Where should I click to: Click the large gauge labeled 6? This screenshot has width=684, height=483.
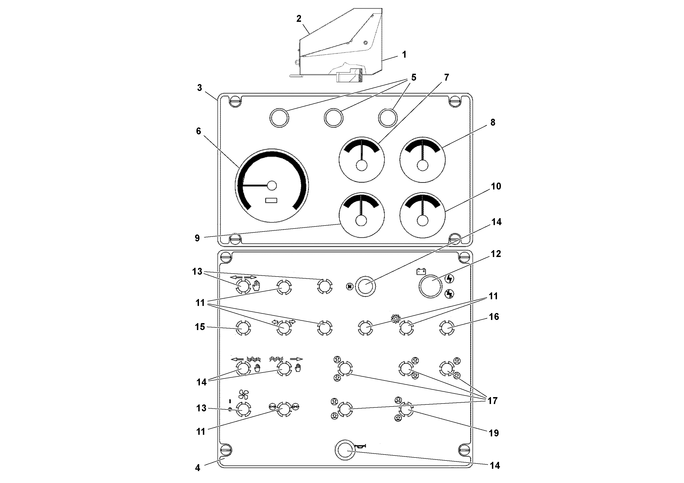pyautogui.click(x=272, y=186)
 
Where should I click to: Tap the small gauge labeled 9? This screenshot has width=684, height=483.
pyautogui.click(x=361, y=215)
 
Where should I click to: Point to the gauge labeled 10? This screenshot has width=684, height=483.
pyautogui.click(x=423, y=215)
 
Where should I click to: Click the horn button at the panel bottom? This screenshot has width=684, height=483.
pyautogui.click(x=346, y=450)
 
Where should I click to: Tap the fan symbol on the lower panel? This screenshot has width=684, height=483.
pyautogui.click(x=243, y=395)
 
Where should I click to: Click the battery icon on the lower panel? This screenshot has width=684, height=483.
pyautogui.click(x=421, y=271)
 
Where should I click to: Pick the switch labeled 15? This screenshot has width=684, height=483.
pyautogui.click(x=243, y=328)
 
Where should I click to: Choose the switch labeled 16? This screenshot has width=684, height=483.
pyautogui.click(x=447, y=328)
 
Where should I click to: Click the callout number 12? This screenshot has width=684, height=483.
pyautogui.click(x=496, y=254)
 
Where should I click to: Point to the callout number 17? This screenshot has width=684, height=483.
pyautogui.click(x=492, y=401)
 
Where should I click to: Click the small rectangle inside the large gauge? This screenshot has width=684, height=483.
pyautogui.click(x=271, y=201)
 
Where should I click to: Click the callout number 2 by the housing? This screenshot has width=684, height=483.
pyautogui.click(x=299, y=19)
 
